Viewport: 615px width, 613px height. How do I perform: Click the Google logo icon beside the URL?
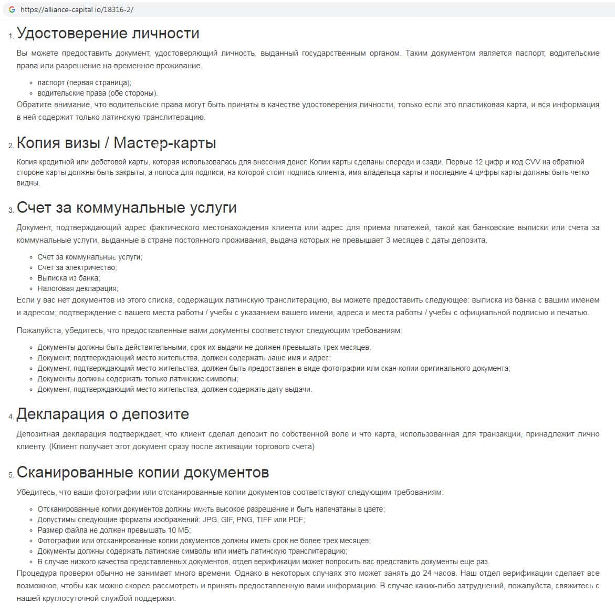coord(12,9)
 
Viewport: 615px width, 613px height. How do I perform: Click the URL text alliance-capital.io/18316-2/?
coord(77,9)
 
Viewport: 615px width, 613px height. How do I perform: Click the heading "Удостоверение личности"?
coord(108,33)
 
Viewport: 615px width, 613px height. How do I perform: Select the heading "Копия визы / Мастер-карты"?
coord(116,143)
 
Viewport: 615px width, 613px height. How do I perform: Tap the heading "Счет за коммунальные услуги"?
coord(127,207)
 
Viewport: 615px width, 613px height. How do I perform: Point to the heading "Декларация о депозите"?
coord(102,414)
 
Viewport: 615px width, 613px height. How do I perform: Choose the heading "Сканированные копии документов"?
coord(142,472)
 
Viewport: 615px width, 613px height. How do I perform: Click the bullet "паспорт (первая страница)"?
coord(84,82)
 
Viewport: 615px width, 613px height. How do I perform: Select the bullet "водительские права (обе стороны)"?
coord(97,93)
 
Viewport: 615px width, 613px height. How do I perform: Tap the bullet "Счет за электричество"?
coord(77,267)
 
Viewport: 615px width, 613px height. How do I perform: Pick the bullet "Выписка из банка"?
coord(68,278)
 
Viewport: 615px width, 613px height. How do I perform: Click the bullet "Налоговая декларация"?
coord(78,288)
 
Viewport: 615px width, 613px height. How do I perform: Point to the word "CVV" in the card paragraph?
coord(533,162)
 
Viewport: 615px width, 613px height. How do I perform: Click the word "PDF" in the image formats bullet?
coord(296,520)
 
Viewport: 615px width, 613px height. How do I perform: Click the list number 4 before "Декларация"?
coord(11,417)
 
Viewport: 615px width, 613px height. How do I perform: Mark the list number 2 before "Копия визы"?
coord(11,146)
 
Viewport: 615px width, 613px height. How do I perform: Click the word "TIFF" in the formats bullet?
coord(266,520)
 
